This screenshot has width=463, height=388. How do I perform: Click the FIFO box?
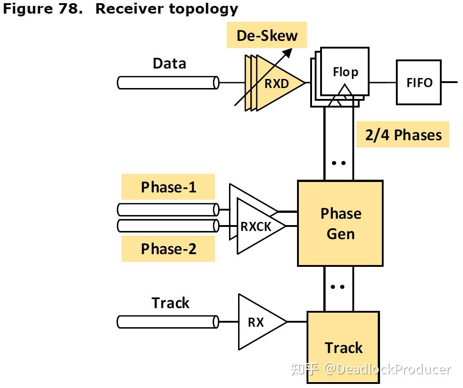(419, 83)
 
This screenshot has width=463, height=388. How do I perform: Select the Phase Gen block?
(340, 223)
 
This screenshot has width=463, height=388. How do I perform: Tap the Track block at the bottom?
(343, 347)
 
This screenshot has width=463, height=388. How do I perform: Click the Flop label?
(345, 72)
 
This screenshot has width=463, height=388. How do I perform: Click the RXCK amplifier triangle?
(257, 226)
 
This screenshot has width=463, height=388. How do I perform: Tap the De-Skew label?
(267, 35)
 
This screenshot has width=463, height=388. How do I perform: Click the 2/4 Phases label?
(403, 135)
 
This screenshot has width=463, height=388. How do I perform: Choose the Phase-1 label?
(168, 187)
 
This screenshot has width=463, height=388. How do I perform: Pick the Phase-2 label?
(168, 249)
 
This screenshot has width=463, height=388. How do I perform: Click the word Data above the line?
(169, 64)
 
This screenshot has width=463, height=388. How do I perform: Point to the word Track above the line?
(170, 303)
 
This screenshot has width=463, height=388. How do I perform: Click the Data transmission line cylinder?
(168, 83)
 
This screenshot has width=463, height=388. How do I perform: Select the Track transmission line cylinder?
(168, 322)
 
